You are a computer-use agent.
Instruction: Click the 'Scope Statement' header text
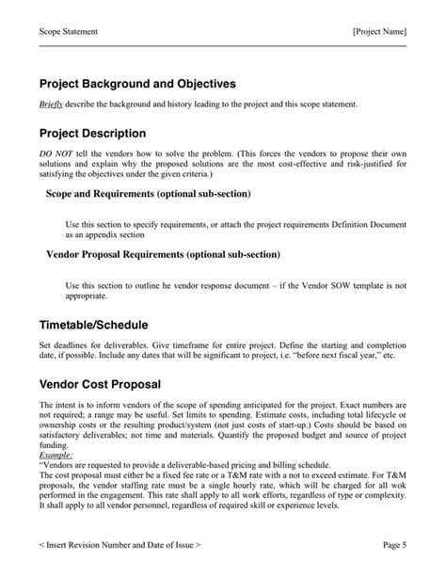tap(69, 31)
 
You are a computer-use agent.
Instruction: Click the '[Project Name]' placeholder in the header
tap(379, 31)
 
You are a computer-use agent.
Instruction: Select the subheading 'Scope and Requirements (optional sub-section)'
tap(148, 194)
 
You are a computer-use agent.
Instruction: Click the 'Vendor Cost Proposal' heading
tap(100, 385)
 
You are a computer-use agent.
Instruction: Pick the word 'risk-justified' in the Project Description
tap(368, 164)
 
